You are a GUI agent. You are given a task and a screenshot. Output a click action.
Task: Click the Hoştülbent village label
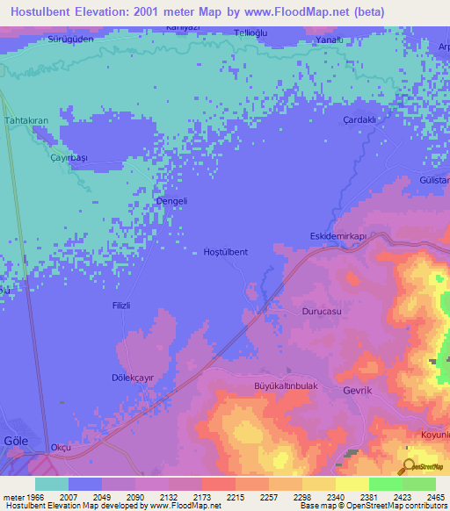pos(225,252)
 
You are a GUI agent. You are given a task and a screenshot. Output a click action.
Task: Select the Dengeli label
pos(171,200)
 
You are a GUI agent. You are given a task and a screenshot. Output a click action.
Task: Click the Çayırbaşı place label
pos(69,157)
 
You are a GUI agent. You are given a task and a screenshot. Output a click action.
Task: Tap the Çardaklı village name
pos(359,120)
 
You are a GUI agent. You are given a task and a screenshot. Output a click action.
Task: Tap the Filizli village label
pos(121,306)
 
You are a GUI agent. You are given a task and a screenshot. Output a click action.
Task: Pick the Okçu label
pos(61,447)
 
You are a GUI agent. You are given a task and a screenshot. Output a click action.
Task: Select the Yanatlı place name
pos(329,40)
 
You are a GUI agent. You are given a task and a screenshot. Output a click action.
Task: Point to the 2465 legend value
pos(436,497)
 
